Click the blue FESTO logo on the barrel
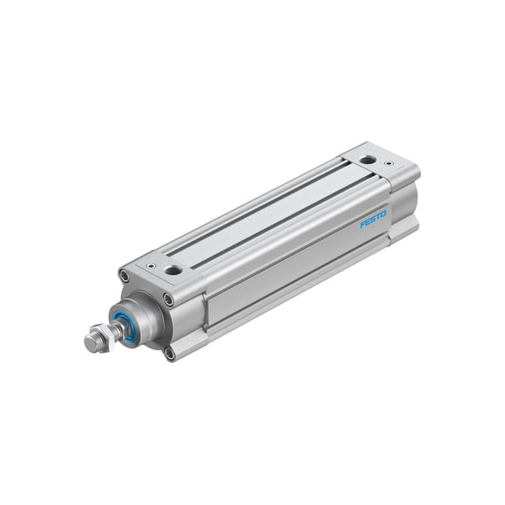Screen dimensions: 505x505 [373, 218]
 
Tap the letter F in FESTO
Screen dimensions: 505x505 [362, 225]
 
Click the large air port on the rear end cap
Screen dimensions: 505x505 [368, 159]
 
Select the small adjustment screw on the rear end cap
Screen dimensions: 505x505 [388, 162]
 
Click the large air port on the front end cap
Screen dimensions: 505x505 [173, 270]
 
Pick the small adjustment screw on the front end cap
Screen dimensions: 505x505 [151, 265]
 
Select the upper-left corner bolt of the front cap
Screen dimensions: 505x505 [125, 276]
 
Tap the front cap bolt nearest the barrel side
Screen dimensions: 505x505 [168, 300]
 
